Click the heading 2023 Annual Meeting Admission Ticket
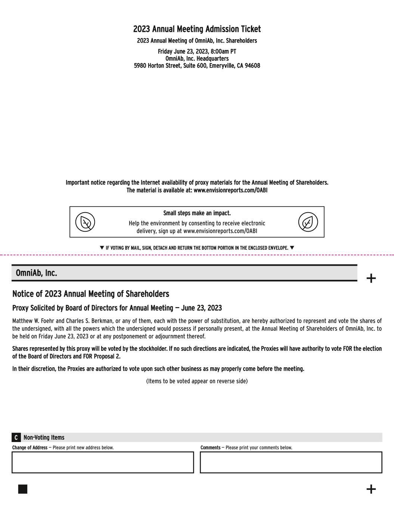197,29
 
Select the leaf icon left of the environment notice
85,222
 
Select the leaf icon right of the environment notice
308,222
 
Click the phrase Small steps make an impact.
197,213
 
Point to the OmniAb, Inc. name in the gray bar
37,273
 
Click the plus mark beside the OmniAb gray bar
371,278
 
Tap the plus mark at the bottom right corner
371,489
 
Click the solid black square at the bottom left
23,489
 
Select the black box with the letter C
16,438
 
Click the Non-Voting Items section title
44,438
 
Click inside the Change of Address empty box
103,463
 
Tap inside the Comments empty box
291,463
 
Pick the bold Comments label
210,448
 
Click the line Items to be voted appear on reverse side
197,381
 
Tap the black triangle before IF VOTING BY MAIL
102,248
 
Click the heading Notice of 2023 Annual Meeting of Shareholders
91,294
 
